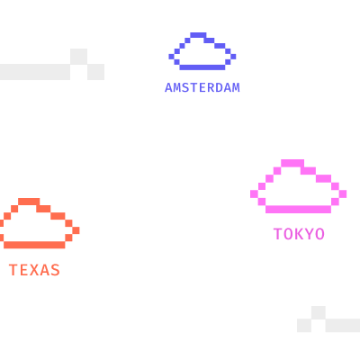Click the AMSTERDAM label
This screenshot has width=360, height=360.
202,87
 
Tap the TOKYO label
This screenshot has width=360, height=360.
299,234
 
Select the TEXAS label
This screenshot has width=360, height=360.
34,270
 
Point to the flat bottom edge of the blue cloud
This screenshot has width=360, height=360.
202,67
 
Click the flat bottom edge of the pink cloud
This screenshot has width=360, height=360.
298,210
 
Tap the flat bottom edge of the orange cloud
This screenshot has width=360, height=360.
34,245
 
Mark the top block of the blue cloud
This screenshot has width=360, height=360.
198,35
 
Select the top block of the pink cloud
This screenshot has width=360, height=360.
292,163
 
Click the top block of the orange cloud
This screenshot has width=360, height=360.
29,202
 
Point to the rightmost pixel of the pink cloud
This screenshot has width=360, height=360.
343,194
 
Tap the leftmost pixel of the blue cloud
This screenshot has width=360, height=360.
171,57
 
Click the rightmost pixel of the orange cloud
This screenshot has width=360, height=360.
76,230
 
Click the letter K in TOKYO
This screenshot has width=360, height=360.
299,234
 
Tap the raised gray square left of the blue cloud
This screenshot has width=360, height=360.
78,56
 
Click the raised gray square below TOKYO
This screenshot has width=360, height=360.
319,312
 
